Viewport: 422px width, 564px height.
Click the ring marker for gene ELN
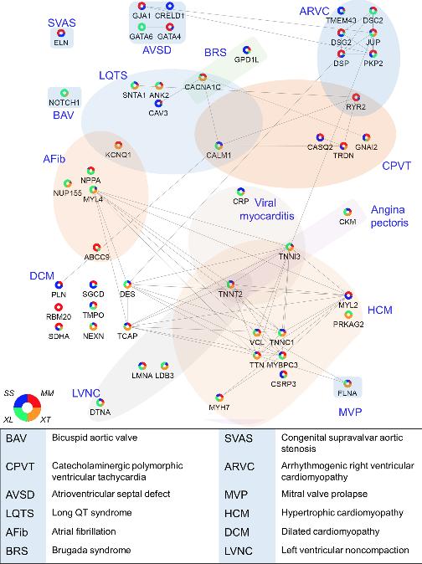(x=61, y=33)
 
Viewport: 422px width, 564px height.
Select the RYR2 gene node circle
(x=356, y=97)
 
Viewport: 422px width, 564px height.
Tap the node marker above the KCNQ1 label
(x=118, y=146)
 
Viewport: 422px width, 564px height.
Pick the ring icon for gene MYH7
(x=219, y=397)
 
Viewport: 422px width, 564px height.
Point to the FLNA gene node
(x=347, y=383)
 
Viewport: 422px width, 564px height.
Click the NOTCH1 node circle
(x=64, y=93)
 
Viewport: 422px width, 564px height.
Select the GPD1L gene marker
(x=246, y=49)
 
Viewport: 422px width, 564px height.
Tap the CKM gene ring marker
(x=347, y=212)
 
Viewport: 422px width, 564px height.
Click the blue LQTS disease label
(x=113, y=75)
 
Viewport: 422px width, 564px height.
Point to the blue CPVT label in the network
(x=396, y=166)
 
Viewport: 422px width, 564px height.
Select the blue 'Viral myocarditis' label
(x=266, y=209)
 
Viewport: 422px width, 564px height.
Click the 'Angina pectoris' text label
(x=389, y=216)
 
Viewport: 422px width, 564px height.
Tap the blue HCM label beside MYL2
(x=380, y=310)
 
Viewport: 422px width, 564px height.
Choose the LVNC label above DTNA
(x=86, y=393)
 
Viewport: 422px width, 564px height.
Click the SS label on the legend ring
(x=9, y=393)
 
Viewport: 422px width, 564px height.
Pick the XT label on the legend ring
(x=45, y=419)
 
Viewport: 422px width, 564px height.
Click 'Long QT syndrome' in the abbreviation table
(x=92, y=512)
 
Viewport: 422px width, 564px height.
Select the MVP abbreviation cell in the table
(x=236, y=495)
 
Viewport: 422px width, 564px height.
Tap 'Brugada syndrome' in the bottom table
(x=91, y=550)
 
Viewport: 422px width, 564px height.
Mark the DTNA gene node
(x=100, y=402)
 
